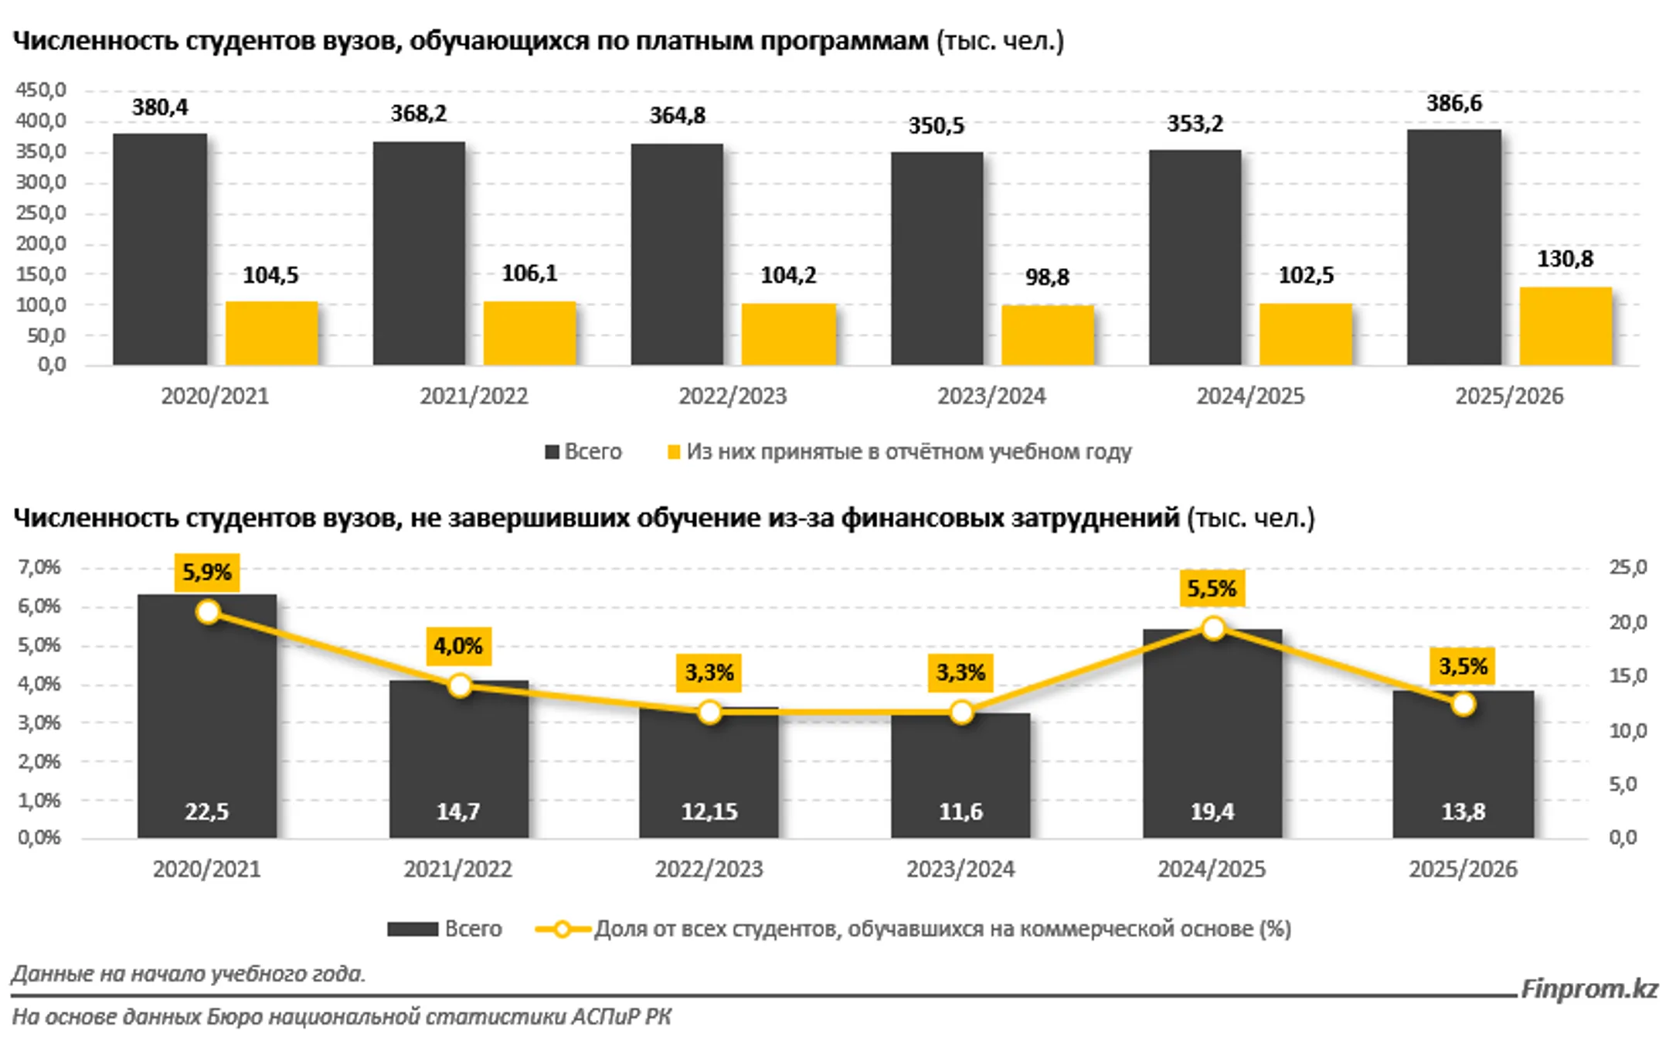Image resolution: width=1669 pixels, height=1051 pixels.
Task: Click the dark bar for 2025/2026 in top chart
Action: [x=1453, y=247]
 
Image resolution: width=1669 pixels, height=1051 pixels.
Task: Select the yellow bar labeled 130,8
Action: [x=1565, y=326]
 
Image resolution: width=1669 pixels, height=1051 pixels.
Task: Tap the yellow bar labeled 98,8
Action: [x=1047, y=335]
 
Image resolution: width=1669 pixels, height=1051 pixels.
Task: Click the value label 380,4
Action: [x=160, y=107]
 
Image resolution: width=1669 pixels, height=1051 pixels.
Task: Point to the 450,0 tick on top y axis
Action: [x=40, y=90]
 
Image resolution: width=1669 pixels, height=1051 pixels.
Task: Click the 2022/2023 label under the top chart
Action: [x=732, y=396]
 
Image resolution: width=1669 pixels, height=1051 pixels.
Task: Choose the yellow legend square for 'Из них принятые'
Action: [x=674, y=452]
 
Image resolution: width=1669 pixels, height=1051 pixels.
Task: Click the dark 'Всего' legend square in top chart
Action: [x=552, y=452]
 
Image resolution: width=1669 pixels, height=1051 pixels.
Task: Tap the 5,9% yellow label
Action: [x=206, y=573]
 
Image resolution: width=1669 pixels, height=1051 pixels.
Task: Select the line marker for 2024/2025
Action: [x=1213, y=628]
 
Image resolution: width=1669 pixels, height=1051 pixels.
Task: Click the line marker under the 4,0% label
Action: [x=460, y=685]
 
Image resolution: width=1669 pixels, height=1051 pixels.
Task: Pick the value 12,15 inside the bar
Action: [x=709, y=811]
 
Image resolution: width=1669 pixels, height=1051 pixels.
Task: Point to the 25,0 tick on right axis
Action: [x=1627, y=568]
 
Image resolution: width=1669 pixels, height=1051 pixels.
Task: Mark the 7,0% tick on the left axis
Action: [x=39, y=568]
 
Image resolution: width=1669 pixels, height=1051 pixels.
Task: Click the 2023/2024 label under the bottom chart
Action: [x=960, y=869]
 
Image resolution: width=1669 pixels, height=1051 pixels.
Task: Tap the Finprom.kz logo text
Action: [x=1589, y=988]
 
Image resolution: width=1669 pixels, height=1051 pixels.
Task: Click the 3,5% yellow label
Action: [x=1462, y=666]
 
